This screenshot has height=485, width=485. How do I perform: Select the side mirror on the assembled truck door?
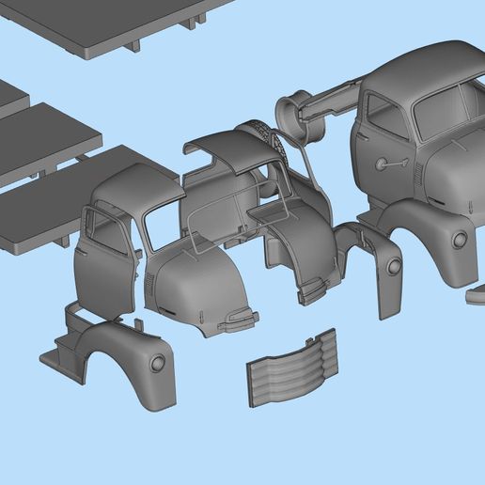pos(382,164)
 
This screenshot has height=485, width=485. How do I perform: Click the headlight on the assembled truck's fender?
pos(460,240)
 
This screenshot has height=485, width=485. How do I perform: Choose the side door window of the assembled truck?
pos(386,117)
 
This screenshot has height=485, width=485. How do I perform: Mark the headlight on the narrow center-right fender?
pos(393,267)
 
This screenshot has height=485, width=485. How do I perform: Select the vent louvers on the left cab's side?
pos(149,288)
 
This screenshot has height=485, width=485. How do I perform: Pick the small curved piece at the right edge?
pos(476,297)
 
